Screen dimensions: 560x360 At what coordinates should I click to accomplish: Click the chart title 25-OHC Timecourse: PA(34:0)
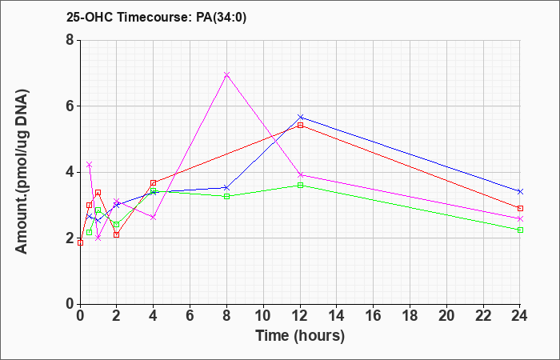pos(157,17)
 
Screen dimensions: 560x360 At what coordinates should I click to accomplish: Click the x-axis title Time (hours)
pos(300,336)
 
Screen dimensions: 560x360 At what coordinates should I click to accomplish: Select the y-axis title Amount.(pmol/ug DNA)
pos(22,172)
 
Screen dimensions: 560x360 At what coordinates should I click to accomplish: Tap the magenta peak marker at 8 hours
pos(226,74)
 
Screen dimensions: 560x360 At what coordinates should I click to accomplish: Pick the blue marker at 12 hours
pos(300,117)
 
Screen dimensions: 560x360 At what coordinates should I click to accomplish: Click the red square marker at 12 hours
pos(300,125)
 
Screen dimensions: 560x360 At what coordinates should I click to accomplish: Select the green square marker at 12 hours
pos(300,185)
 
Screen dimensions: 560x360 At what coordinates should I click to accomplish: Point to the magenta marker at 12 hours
pos(300,174)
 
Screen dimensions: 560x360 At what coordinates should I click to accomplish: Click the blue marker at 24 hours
pos(520,192)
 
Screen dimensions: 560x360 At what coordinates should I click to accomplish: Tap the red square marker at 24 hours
pos(520,208)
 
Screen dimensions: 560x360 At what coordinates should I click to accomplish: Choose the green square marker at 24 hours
pos(520,230)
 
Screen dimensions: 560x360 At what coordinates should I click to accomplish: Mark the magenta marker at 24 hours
pos(520,218)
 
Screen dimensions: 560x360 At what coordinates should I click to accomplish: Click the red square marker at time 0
pos(80,243)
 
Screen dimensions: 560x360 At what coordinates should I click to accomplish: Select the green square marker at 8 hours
pos(226,196)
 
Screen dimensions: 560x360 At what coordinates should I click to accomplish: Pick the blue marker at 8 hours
pos(226,187)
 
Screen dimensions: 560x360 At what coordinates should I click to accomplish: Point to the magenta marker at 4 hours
pos(154,217)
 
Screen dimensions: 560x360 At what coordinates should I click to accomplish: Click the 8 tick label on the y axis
pos(70,40)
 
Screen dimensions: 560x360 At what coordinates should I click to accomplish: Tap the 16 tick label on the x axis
pos(374,315)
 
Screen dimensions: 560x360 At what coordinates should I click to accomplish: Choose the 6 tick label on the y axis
pos(70,106)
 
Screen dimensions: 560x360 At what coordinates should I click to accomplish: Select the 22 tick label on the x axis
pos(483,315)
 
